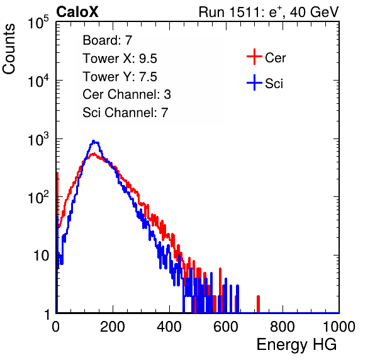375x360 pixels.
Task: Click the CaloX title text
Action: (x=77, y=12)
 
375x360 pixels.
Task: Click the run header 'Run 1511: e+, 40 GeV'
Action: (x=269, y=12)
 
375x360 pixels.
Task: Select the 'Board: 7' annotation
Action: (x=108, y=40)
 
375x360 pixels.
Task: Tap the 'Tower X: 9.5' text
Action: (x=120, y=59)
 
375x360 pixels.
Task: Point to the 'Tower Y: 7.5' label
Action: (x=120, y=77)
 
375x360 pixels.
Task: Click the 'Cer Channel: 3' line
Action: (x=126, y=94)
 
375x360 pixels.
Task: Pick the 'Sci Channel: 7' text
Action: (x=125, y=112)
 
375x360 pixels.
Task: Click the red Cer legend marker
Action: (x=254, y=57)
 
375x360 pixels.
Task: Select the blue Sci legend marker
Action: (x=254, y=83)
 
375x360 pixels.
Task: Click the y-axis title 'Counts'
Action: (x=9, y=49)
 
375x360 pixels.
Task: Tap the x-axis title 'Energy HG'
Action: (x=296, y=345)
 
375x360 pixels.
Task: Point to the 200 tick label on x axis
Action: (x=113, y=327)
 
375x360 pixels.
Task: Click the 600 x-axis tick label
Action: (x=226, y=327)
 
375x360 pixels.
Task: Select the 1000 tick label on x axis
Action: (x=339, y=327)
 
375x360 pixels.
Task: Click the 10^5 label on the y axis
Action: (x=38, y=23)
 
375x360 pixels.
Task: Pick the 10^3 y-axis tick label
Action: (x=38, y=139)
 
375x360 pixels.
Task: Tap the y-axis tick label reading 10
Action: (x=42, y=256)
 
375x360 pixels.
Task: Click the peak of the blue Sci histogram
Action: (x=94, y=141)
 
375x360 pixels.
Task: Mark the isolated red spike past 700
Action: (x=259, y=304)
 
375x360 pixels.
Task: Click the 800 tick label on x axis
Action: (x=283, y=327)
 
